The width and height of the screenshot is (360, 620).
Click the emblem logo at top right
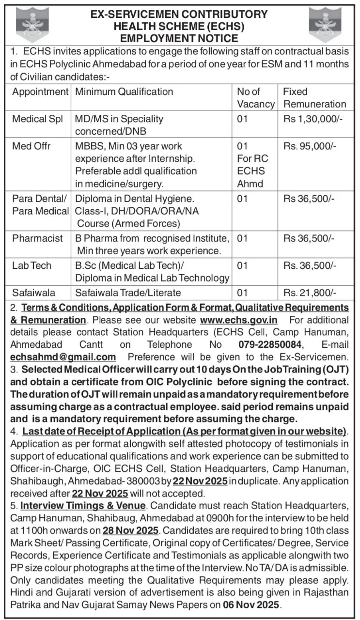pyautogui.click(x=325, y=25)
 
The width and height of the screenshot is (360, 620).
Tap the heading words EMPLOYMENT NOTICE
pyautogui.click(x=179, y=38)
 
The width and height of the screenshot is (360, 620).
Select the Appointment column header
pyautogui.click(x=40, y=92)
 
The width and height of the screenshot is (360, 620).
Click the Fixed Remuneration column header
pyautogui.click(x=314, y=97)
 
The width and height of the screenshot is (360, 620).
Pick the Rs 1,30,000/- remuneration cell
pyautogui.click(x=313, y=119)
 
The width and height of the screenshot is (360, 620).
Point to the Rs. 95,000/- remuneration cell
pyautogui.click(x=310, y=146)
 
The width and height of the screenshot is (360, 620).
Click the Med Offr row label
pyautogui.click(x=31, y=146)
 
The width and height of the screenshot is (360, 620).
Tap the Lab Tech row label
pyautogui.click(x=32, y=265)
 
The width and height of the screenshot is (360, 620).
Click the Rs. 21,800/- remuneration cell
pyautogui.click(x=310, y=292)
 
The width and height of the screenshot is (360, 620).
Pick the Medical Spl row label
pyautogui.click(x=38, y=119)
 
